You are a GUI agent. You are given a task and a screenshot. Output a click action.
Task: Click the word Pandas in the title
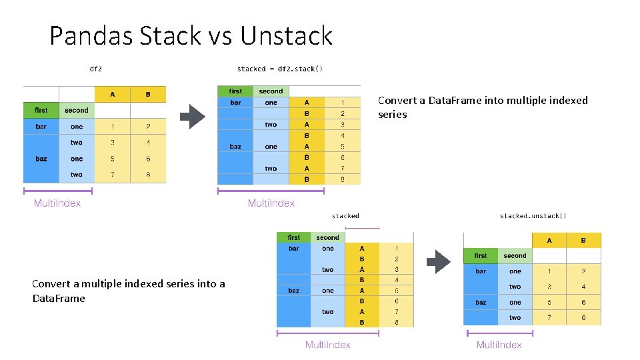click(x=91, y=35)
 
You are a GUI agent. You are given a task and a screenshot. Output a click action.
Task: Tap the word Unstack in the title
click(x=286, y=35)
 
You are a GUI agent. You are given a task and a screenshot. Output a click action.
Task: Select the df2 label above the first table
click(x=96, y=69)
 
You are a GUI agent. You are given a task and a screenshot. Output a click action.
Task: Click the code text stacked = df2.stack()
click(x=280, y=69)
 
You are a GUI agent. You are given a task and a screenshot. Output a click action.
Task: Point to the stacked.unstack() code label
click(x=533, y=215)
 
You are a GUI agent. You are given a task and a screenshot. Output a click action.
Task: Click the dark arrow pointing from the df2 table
click(x=193, y=117)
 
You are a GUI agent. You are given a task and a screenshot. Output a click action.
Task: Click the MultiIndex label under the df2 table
click(x=57, y=203)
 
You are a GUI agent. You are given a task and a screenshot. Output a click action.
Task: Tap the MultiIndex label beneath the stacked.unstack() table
click(x=499, y=345)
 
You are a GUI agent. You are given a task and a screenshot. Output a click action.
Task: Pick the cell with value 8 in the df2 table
click(x=148, y=175)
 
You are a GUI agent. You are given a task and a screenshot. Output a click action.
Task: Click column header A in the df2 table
click(x=112, y=95)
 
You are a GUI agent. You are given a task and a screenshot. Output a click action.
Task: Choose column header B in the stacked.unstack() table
click(x=583, y=240)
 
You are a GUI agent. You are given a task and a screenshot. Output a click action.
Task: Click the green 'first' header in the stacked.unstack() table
click(x=481, y=255)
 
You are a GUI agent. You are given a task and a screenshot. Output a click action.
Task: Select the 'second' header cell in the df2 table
click(x=77, y=110)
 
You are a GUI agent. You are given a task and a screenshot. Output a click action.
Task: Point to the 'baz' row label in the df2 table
click(x=41, y=159)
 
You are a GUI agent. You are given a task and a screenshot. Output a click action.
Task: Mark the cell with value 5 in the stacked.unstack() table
click(x=549, y=303)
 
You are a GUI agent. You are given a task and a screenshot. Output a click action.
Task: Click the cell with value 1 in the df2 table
click(x=112, y=127)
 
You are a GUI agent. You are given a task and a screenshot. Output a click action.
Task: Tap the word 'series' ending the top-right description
click(x=393, y=115)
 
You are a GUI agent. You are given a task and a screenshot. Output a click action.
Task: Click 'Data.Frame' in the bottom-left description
click(x=59, y=298)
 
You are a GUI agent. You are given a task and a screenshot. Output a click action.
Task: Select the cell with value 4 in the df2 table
click(x=148, y=143)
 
